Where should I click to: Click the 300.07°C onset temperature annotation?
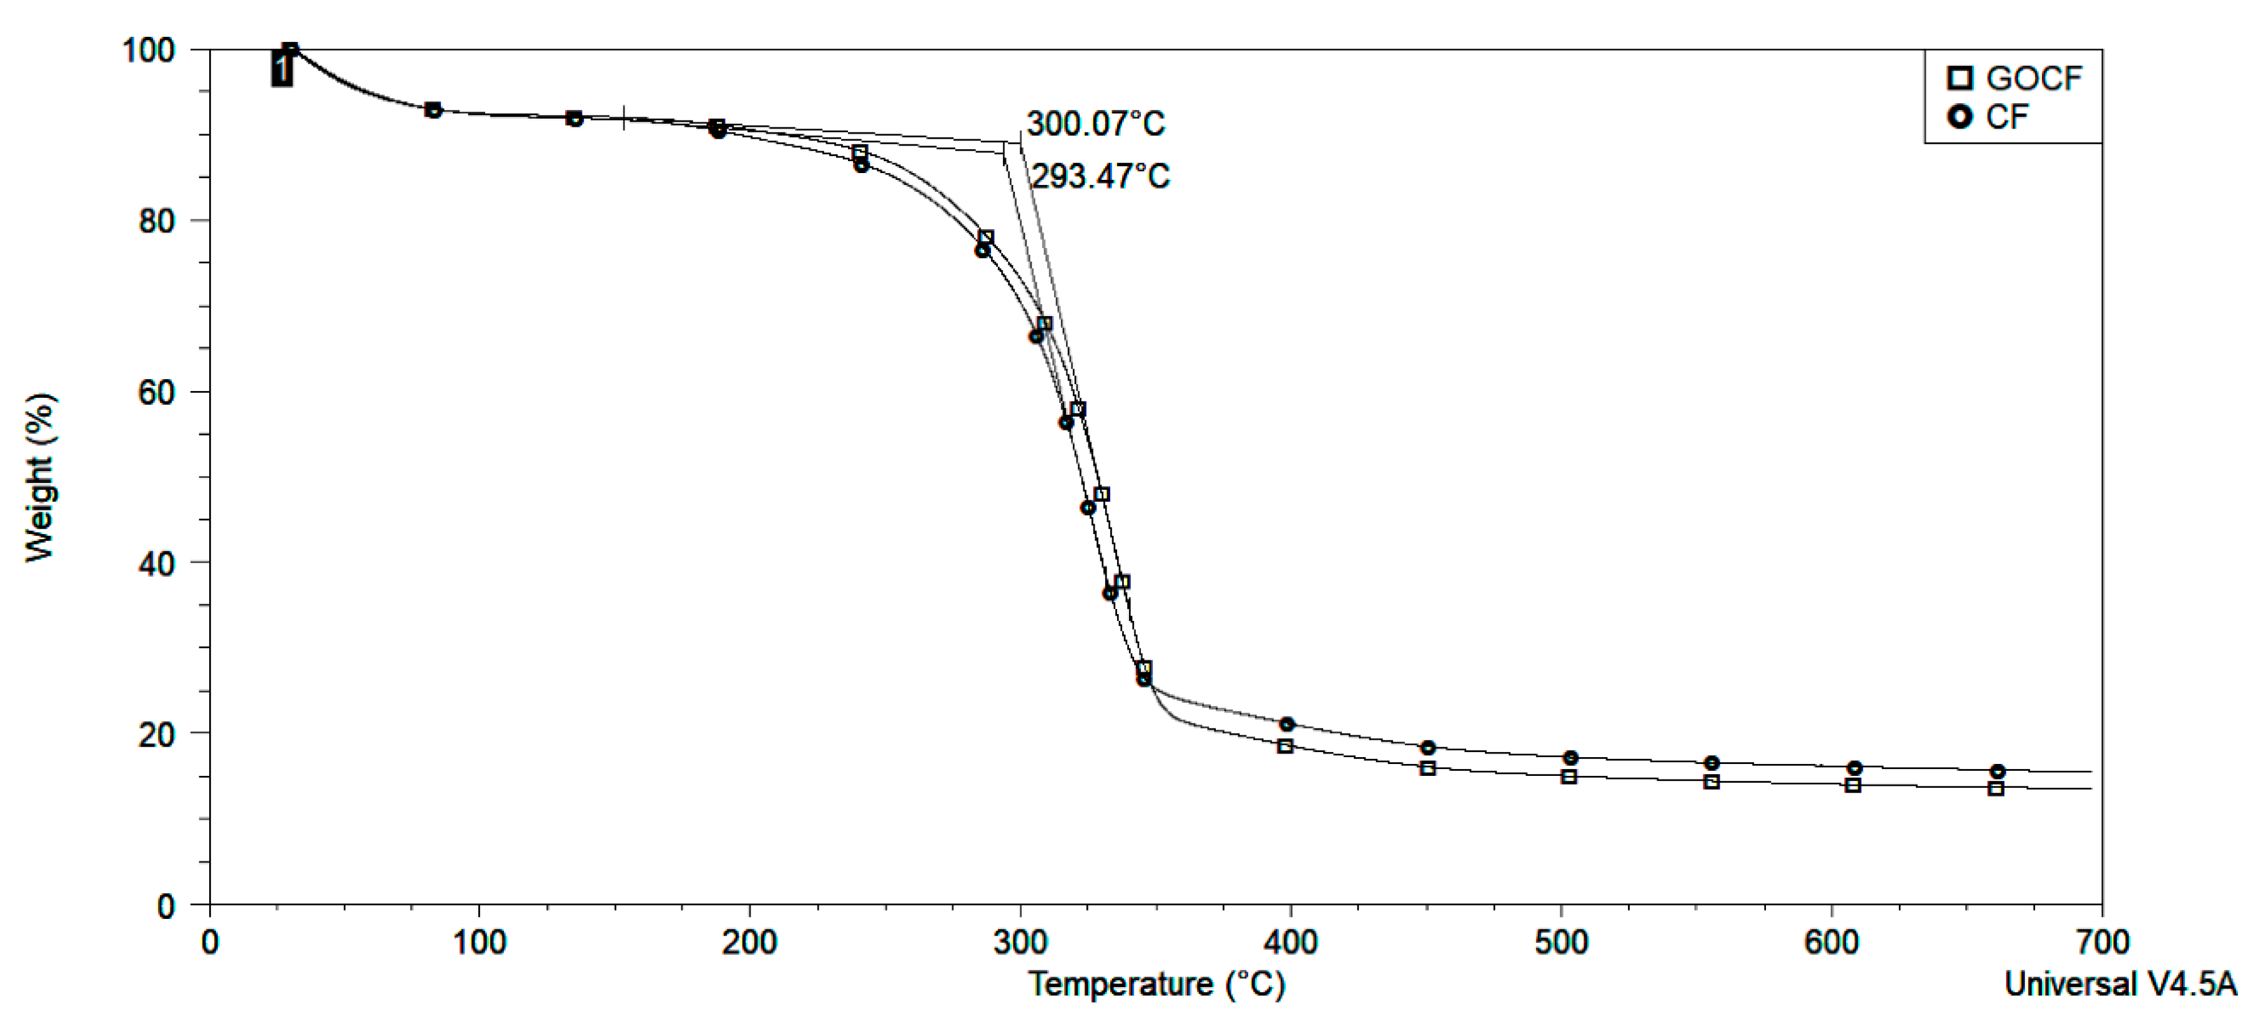click(1096, 124)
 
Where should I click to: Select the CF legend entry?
click(1989, 117)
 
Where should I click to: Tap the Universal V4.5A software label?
click(2119, 984)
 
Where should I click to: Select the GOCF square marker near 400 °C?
click(1285, 746)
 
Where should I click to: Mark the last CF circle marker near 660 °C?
click(1998, 771)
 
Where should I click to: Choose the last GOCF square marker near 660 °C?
click(1996, 788)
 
